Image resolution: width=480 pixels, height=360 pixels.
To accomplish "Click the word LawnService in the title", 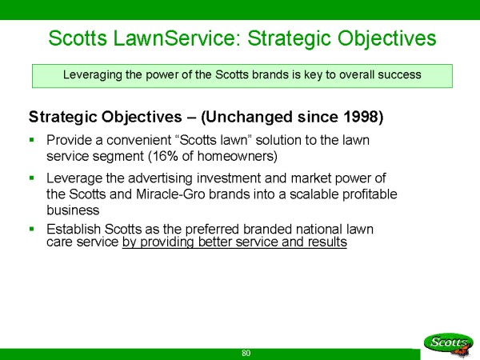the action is (178, 38).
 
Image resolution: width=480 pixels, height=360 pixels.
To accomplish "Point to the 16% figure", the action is (165, 156).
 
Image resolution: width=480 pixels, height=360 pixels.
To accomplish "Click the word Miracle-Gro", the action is (170, 194).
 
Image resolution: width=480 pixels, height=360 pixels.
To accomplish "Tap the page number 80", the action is (246, 353).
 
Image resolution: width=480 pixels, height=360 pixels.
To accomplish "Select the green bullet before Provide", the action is (31, 139).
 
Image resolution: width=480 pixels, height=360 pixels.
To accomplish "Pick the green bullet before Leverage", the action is (31, 178).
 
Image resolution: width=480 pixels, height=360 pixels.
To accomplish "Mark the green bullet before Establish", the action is (31, 228).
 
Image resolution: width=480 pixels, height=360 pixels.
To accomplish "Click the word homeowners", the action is (236, 156).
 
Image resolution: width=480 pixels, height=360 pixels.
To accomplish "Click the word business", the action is (73, 210).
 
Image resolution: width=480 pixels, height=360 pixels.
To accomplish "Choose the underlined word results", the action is (327, 242).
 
